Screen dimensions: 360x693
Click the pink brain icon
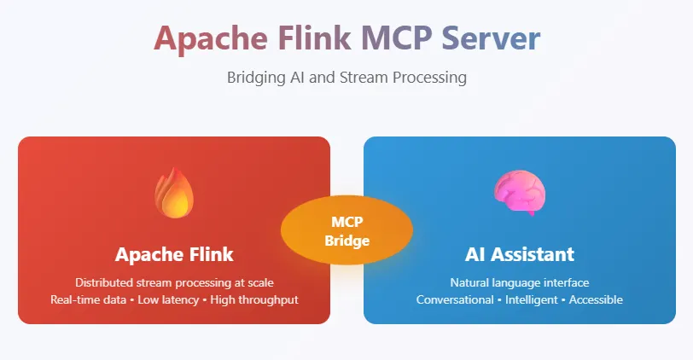click(x=519, y=192)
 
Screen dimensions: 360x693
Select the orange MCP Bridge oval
click(x=346, y=230)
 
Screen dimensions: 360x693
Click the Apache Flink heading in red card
click(x=174, y=254)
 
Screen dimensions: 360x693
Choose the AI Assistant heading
click(x=519, y=254)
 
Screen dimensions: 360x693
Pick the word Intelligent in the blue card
click(x=528, y=299)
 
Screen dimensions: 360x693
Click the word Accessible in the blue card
click(x=596, y=299)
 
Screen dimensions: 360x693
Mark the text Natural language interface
click(x=519, y=282)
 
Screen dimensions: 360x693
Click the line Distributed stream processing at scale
click(x=174, y=282)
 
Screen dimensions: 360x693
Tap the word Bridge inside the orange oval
click(x=346, y=241)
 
